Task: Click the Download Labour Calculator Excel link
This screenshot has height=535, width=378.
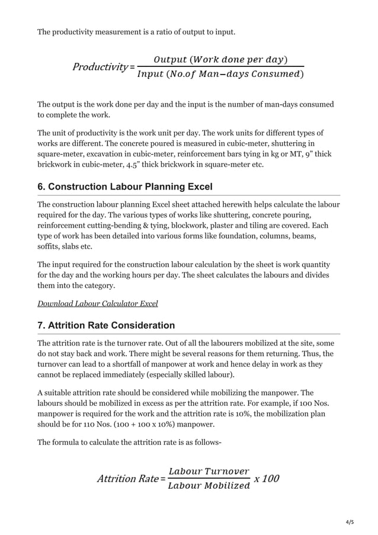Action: (x=97, y=303)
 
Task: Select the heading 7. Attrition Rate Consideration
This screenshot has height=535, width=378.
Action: (x=106, y=325)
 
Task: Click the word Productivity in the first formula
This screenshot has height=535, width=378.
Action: (x=99, y=67)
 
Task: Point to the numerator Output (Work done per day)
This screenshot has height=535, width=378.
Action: (x=220, y=59)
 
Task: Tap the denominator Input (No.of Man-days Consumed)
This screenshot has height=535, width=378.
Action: (x=220, y=74)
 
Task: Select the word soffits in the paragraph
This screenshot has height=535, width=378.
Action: (x=50, y=247)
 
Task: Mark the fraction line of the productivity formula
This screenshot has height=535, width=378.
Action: (x=220, y=66)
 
